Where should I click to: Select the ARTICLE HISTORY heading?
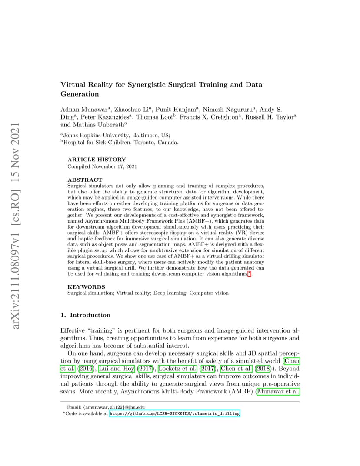click(x=97, y=160)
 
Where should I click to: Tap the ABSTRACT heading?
click(x=85, y=180)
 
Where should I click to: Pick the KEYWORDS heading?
click(x=86, y=287)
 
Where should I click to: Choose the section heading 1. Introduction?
click(x=86, y=315)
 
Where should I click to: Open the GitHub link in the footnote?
click(x=174, y=414)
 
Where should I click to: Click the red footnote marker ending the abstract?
click(x=249, y=274)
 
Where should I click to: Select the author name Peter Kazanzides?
click(x=106, y=116)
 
